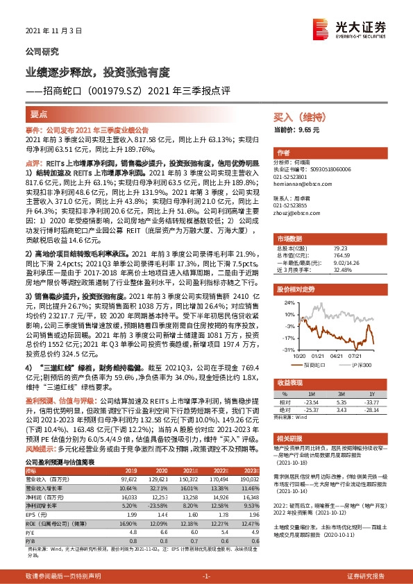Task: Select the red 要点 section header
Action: click(39, 113)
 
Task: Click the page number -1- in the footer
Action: click(205, 576)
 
